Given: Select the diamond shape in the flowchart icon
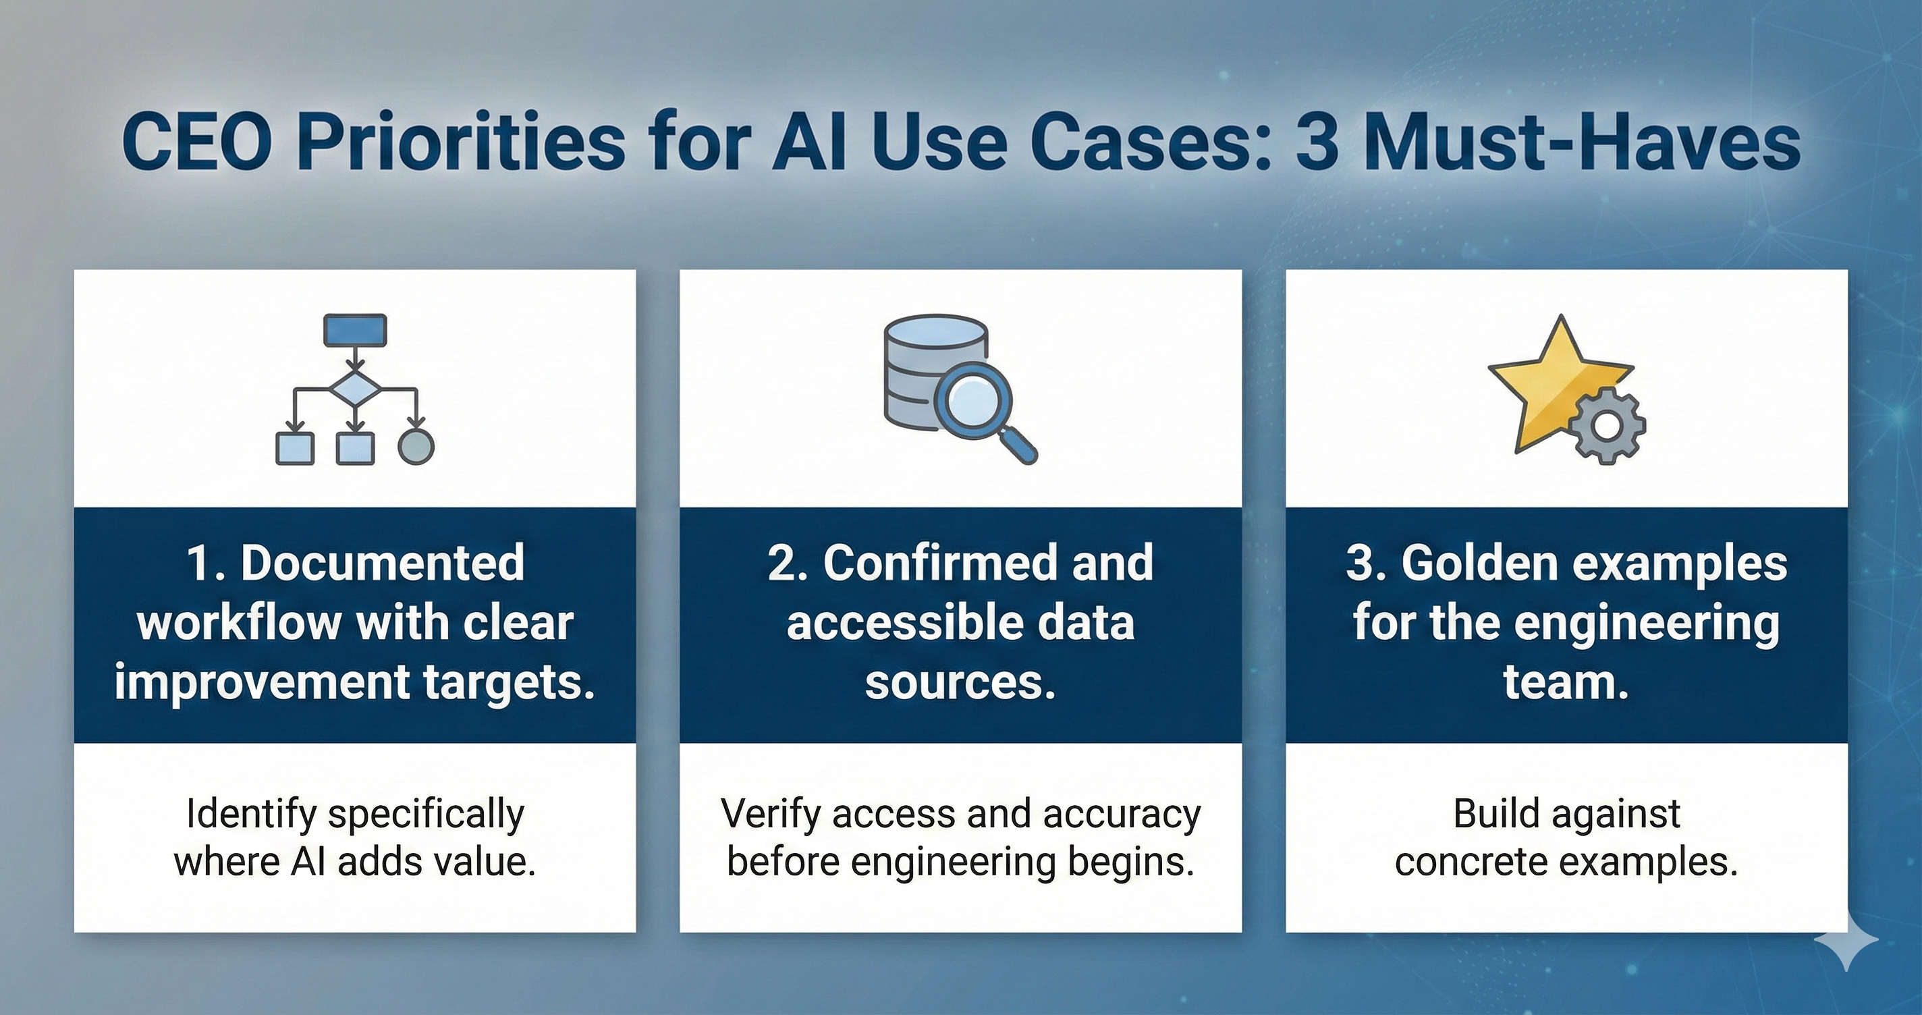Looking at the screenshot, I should click(x=355, y=389).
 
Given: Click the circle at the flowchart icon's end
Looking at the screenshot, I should click(x=416, y=447).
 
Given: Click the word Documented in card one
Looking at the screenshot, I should click(x=382, y=564).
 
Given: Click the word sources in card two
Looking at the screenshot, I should click(x=960, y=683).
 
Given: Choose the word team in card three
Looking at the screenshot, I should click(x=1566, y=683).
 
